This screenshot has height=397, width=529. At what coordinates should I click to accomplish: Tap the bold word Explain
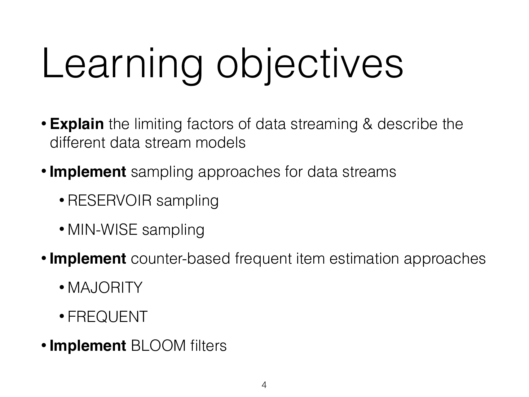click(x=77, y=124)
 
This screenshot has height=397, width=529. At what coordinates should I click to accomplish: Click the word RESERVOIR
click(x=110, y=201)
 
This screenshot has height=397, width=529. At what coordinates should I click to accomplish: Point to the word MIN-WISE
click(x=102, y=230)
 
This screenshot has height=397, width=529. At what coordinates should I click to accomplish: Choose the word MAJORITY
click(x=105, y=288)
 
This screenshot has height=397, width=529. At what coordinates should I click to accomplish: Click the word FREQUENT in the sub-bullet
click(x=107, y=317)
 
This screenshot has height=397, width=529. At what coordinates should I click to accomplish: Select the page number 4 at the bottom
click(x=264, y=386)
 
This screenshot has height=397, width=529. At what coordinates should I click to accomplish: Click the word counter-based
click(x=181, y=259)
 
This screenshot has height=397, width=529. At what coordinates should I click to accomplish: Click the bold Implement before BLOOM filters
click(x=88, y=346)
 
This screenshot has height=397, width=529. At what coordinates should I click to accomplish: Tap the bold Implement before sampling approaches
click(x=88, y=172)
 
